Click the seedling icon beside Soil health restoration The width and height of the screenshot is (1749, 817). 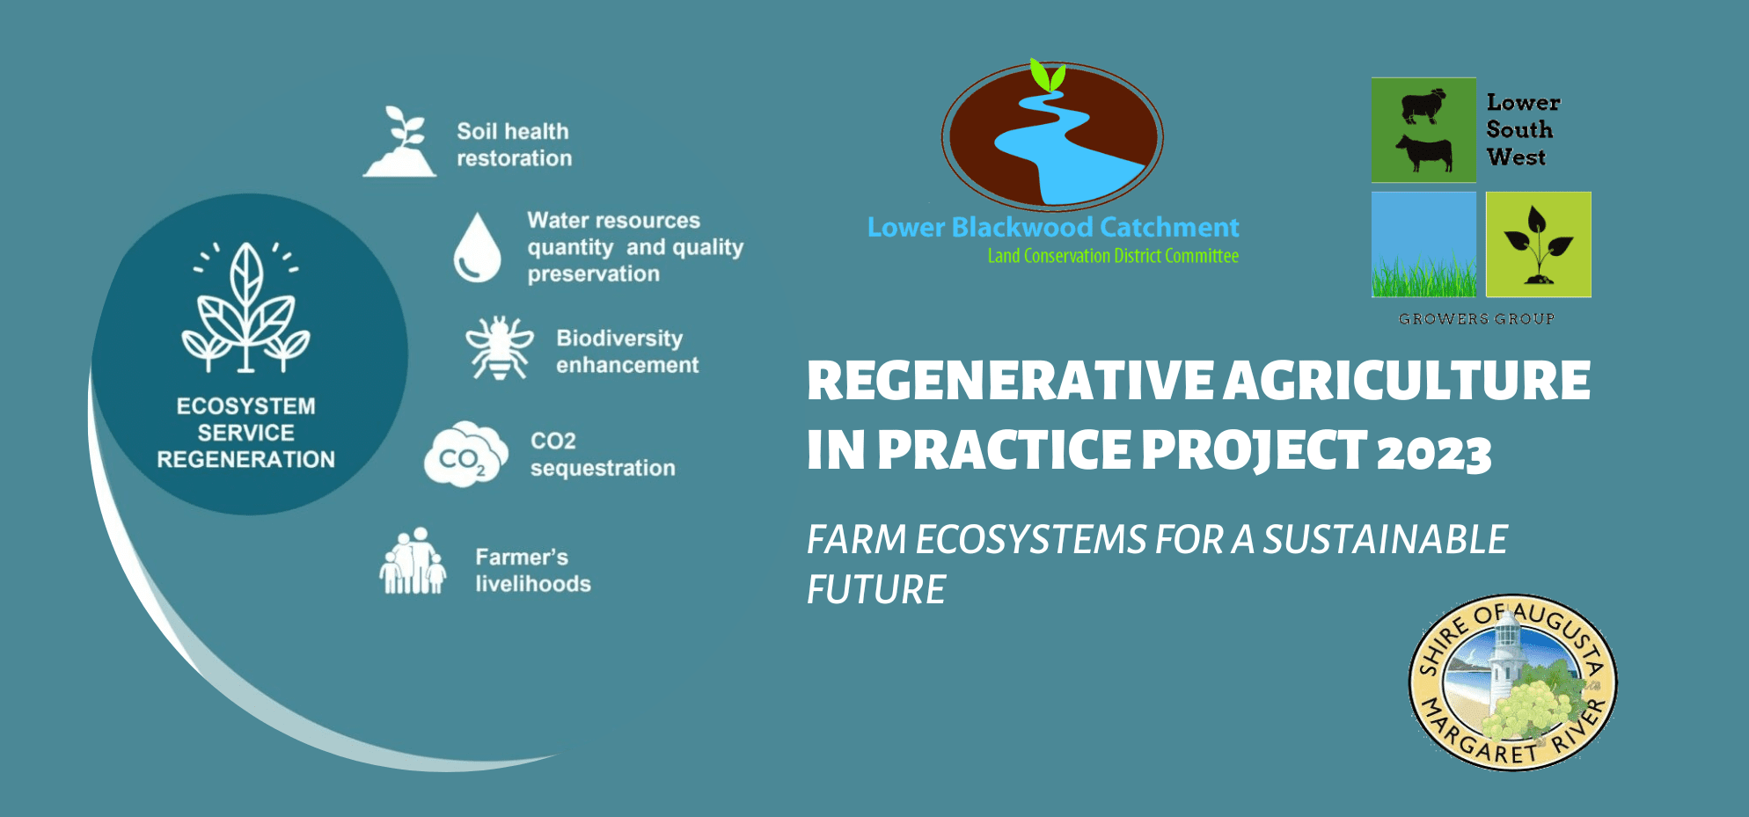400,142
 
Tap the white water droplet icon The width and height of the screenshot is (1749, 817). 477,248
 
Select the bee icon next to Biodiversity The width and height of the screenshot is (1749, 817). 500,347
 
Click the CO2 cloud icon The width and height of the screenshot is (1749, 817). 465,455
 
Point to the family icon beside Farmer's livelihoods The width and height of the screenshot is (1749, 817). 413,562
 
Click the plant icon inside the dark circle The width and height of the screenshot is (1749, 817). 246,307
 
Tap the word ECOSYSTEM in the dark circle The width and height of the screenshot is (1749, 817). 245,406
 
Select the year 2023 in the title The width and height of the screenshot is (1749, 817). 1434,454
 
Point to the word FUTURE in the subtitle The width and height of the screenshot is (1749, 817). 876,589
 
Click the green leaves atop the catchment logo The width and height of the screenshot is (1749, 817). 1048,76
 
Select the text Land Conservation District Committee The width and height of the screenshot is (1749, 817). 1113,256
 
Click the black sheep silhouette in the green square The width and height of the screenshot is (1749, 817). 1423,106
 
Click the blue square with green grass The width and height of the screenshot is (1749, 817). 1423,244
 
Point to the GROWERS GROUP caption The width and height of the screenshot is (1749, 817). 1476,318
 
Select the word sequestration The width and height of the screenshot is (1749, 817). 603,468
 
